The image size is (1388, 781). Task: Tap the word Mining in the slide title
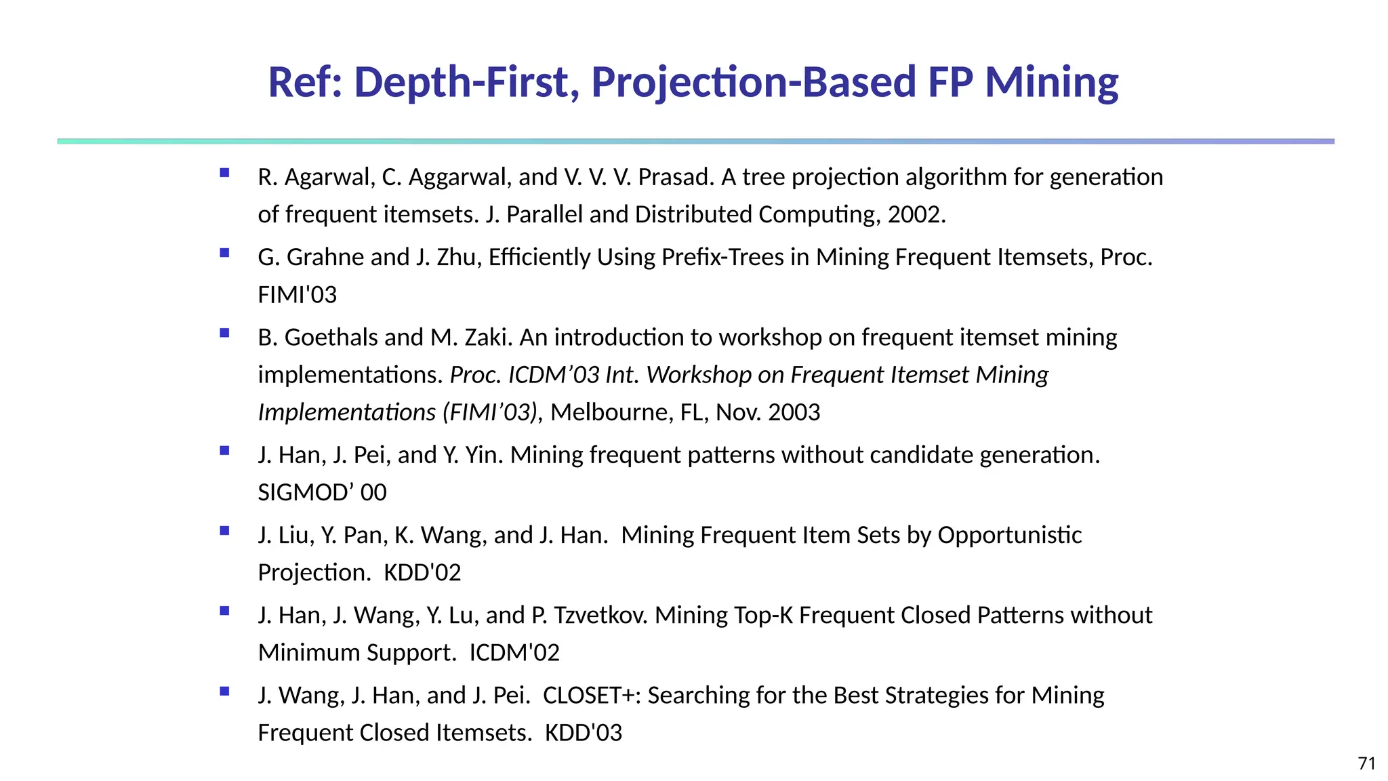click(1051, 83)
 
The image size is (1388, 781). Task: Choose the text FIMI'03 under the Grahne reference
click(297, 295)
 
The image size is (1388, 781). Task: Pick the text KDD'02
click(422, 573)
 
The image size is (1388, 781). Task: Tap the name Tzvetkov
click(600, 615)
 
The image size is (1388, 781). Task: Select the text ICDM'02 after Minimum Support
click(514, 652)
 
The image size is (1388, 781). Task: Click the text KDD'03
click(584, 733)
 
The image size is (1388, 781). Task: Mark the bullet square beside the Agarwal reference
click(224, 173)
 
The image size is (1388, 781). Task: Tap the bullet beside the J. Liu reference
click(224, 531)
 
